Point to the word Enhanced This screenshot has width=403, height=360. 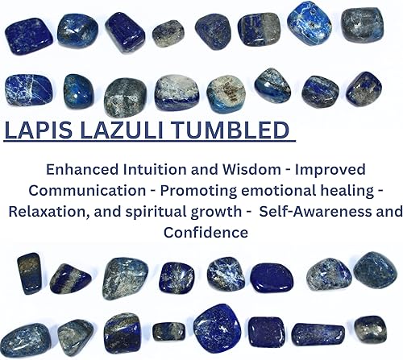pyautogui.click(x=82, y=170)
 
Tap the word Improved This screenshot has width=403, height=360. pyautogui.click(x=330, y=170)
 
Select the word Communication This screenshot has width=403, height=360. pyautogui.click(x=87, y=191)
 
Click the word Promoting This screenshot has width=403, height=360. pyautogui.click(x=198, y=191)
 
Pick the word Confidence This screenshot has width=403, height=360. pyautogui.click(x=206, y=233)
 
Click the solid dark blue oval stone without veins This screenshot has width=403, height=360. pyautogui.click(x=272, y=278)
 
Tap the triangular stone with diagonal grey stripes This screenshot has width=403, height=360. pyautogui.click(x=70, y=279)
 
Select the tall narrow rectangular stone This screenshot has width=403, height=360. pyautogui.click(x=29, y=273)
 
